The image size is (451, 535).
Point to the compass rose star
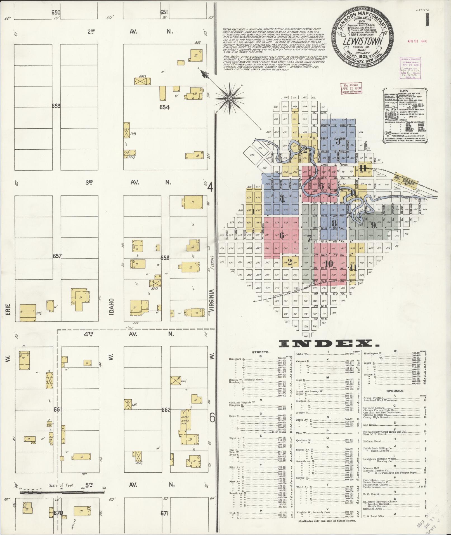pos(229,98)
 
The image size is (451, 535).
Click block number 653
pos(56,106)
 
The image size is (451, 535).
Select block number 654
pos(164,107)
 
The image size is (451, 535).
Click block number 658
pos(165,258)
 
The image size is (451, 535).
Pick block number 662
pos(166,410)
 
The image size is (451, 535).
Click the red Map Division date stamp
pos(350,89)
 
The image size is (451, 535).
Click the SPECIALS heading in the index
pos(395,391)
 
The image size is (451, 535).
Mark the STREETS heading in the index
pos(261,352)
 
